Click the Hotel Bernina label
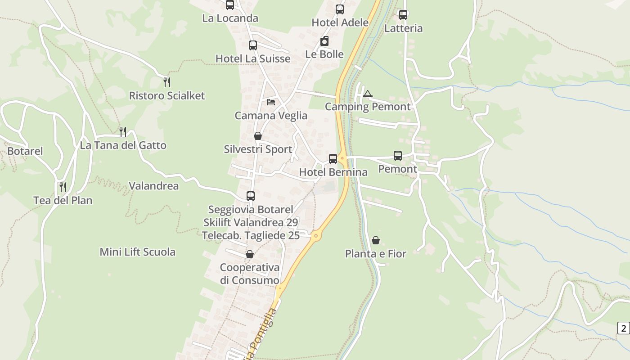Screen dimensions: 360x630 click(333, 172)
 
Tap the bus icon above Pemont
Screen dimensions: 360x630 click(398, 156)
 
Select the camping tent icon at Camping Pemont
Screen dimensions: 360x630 click(368, 94)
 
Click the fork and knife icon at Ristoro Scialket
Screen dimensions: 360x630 click(167, 82)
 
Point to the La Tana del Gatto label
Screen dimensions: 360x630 click(123, 145)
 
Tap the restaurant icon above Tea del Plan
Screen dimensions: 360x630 click(63, 187)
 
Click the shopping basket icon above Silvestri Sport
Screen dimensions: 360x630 click(258, 135)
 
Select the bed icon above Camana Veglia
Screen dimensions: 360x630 click(271, 102)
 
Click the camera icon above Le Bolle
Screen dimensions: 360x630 click(324, 41)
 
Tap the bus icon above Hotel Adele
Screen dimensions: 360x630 click(340, 9)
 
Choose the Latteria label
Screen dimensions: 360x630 click(403, 28)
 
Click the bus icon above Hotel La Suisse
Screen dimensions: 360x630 click(253, 45)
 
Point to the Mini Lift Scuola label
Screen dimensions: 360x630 click(137, 252)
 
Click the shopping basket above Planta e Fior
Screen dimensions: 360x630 click(376, 240)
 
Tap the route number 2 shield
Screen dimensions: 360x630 click(623, 328)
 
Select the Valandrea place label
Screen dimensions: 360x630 click(153, 185)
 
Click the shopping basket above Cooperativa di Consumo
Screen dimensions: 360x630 click(250, 254)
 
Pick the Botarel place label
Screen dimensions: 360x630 click(25, 151)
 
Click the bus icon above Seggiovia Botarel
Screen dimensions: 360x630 click(251, 196)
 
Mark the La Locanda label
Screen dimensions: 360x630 click(230, 18)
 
